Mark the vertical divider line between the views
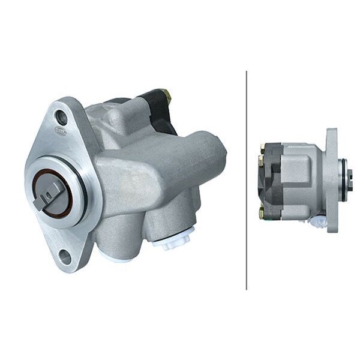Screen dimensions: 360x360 pos(247,180)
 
